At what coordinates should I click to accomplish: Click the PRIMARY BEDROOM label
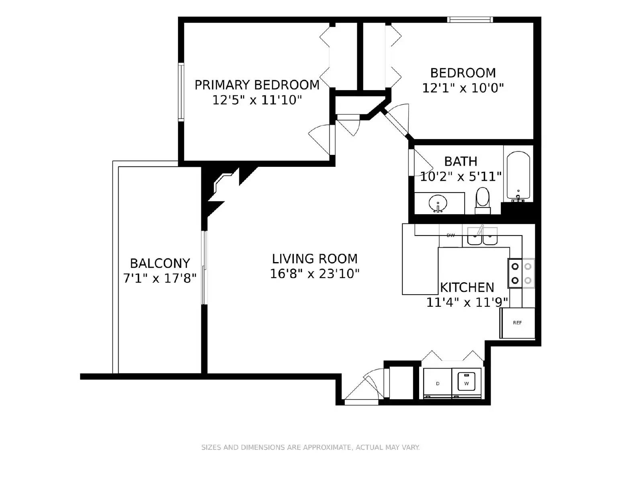[x=257, y=85]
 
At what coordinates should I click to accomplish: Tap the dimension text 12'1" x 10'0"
[x=463, y=88]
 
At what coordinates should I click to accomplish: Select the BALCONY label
[x=160, y=263]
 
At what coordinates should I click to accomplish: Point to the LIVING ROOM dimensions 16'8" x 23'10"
[x=314, y=274]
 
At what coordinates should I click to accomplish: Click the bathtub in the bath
[x=518, y=176]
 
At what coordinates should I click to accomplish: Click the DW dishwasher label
[x=451, y=236]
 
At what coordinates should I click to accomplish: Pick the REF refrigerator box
[x=517, y=323]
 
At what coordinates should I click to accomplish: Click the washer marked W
[x=467, y=384]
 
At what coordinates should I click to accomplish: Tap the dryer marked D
[x=438, y=384]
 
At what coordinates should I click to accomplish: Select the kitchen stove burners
[x=521, y=273]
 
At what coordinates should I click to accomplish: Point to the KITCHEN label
[x=467, y=287]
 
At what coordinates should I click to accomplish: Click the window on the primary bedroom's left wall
[x=181, y=92]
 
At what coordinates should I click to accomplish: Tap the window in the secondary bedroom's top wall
[x=470, y=19]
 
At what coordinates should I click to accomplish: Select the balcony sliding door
[x=205, y=267]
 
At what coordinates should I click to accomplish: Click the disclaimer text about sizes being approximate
[x=310, y=447]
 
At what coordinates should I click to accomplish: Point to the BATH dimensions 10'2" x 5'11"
[x=461, y=176]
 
